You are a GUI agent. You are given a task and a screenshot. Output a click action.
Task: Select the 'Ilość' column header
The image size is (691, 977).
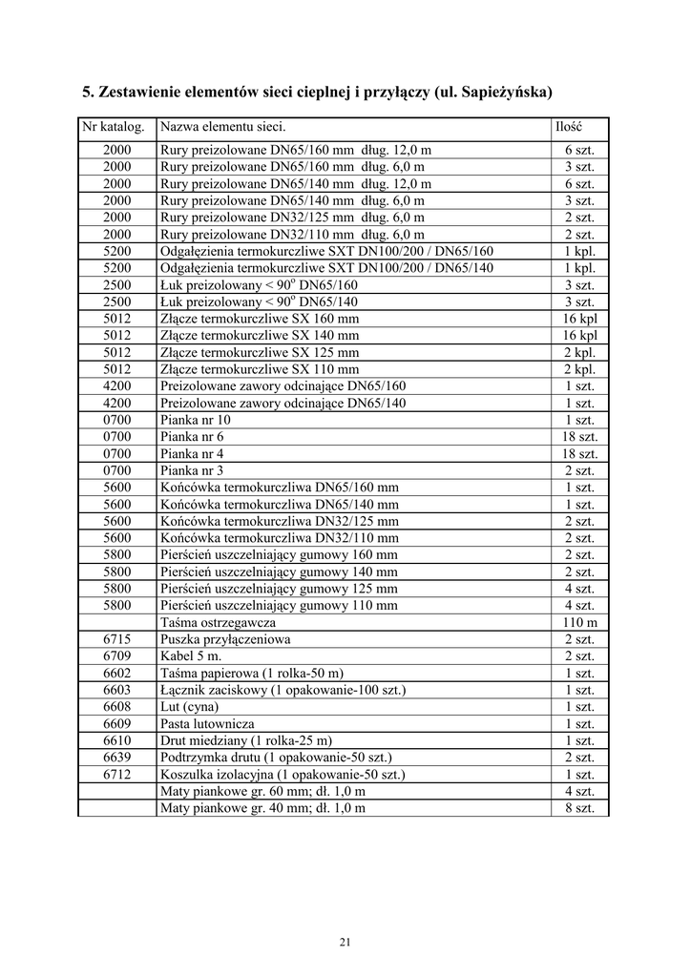569,127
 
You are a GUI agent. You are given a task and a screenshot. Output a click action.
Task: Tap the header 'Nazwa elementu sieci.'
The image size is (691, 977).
222,127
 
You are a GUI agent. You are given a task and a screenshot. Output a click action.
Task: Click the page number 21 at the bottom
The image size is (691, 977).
345,944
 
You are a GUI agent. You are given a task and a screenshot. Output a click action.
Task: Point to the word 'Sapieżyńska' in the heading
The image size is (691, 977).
503,94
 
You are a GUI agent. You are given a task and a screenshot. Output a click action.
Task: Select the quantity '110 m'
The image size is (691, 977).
579,622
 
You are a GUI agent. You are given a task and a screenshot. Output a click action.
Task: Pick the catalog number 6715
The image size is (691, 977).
117,639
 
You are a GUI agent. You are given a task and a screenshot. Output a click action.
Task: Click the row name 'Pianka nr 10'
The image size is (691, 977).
196,420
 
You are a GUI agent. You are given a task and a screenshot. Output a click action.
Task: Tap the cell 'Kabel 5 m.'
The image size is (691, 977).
192,656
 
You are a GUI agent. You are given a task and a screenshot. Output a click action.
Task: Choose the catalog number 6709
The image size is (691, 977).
117,656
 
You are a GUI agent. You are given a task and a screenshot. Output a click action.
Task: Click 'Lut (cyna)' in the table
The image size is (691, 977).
190,707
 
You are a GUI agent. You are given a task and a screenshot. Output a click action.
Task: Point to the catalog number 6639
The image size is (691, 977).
117,758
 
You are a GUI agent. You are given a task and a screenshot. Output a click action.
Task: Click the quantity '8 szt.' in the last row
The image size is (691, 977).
579,808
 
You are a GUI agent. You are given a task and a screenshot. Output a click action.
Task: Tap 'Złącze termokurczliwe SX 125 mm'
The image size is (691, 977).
261,352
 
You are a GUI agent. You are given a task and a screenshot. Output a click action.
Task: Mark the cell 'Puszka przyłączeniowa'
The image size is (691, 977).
226,639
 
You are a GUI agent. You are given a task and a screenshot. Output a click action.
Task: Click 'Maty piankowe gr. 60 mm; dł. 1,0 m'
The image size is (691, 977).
263,791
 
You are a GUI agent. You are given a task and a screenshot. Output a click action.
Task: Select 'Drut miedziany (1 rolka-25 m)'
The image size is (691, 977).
247,740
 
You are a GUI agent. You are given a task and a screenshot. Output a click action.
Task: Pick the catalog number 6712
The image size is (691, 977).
117,775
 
